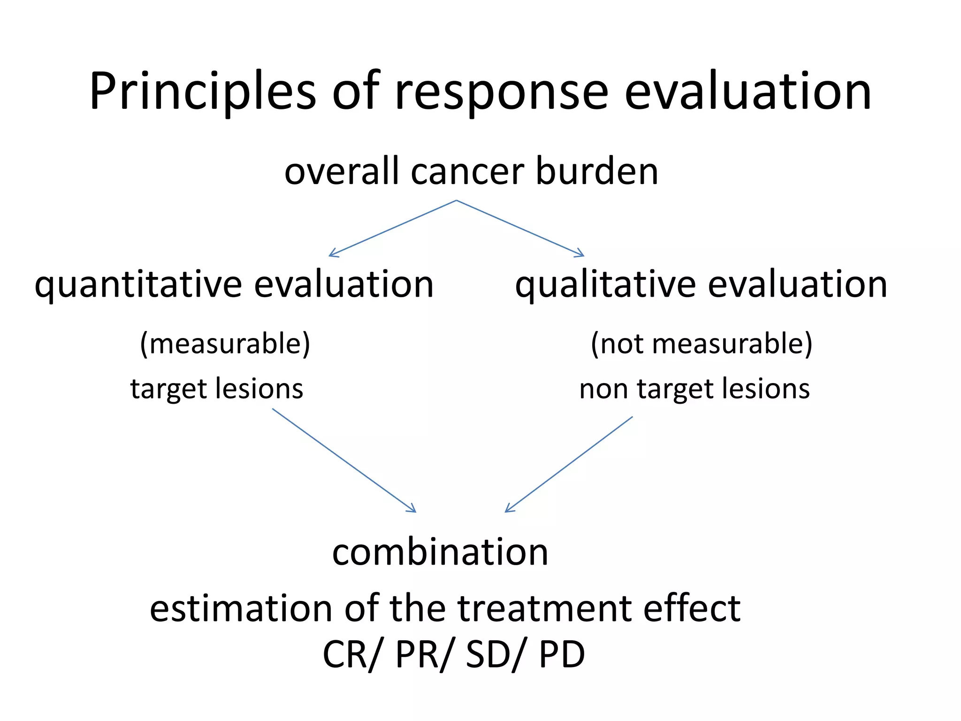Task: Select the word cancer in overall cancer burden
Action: click(x=467, y=172)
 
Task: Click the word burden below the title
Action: click(x=597, y=172)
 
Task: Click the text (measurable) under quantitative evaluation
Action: click(x=225, y=344)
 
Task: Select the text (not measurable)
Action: click(x=702, y=344)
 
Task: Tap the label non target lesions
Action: click(x=694, y=389)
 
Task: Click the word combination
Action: click(x=440, y=552)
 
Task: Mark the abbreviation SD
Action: click(x=488, y=654)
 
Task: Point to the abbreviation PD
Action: click(x=562, y=654)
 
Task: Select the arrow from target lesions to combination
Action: click(x=343, y=460)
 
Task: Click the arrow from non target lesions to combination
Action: click(x=569, y=464)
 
